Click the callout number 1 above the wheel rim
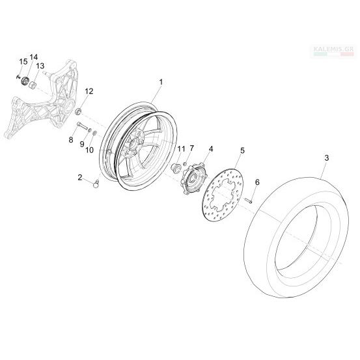click(161, 82)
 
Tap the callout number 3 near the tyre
click(327, 158)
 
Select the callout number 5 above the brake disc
click(242, 150)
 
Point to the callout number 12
click(89, 91)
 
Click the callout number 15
click(23, 62)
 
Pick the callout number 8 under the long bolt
click(71, 139)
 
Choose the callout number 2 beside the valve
click(80, 177)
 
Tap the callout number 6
click(257, 182)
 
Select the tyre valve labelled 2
click(96, 184)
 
